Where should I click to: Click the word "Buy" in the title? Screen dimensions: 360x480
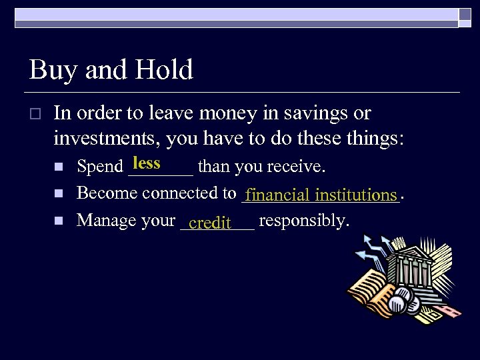[49, 70]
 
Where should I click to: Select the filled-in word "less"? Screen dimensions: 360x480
[147, 163]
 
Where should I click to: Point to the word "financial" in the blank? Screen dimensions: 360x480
[277, 195]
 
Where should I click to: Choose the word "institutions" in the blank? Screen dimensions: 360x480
[356, 195]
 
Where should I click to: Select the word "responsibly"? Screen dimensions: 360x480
[303, 220]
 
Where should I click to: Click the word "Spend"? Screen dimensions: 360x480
[100, 166]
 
